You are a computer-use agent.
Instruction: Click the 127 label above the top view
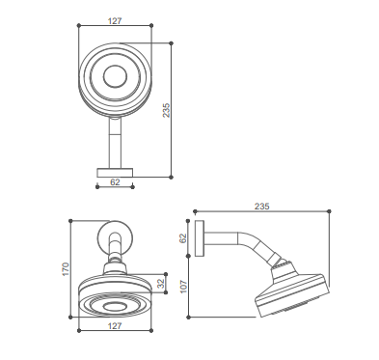coord(115,21)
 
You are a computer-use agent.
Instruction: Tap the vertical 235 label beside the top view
coord(166,110)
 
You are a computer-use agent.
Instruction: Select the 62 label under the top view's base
coord(115,182)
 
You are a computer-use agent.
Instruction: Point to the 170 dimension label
coord(66,269)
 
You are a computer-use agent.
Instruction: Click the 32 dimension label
coord(160,284)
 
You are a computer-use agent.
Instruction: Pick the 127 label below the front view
coord(115,326)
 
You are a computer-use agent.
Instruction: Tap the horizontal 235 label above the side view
coord(262,207)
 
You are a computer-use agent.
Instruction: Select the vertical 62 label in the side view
coord(182,238)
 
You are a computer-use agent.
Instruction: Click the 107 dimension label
coord(183,287)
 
